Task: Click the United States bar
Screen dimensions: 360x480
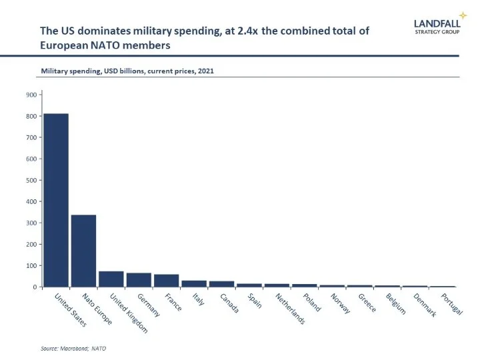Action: click(x=56, y=200)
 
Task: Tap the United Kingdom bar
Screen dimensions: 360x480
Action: click(x=111, y=279)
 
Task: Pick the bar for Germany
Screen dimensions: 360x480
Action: click(x=139, y=280)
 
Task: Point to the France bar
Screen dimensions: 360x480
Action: click(x=166, y=281)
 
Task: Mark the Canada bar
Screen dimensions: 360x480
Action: click(x=221, y=284)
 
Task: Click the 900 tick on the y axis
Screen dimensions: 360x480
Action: click(x=31, y=95)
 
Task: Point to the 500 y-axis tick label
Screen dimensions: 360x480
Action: click(x=31, y=180)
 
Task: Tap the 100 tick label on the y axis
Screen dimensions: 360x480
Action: click(x=31, y=265)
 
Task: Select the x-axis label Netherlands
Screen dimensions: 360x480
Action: click(x=291, y=309)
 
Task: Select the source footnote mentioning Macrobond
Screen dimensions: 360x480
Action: click(x=74, y=348)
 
